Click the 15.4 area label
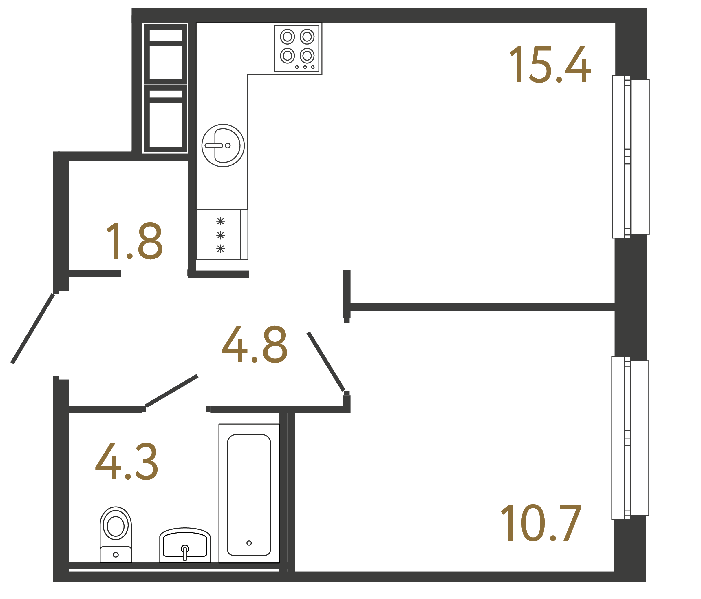click(x=550, y=65)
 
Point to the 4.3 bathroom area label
click(x=127, y=462)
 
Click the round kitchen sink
click(x=223, y=145)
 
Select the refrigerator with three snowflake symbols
click(x=222, y=235)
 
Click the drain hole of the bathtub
click(x=249, y=543)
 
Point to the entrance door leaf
click(x=33, y=328)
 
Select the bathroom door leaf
click(x=171, y=391)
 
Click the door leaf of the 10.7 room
click(x=326, y=362)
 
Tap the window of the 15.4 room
click(x=630, y=156)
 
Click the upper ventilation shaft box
click(x=165, y=54)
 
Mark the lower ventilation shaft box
click(x=165, y=119)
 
